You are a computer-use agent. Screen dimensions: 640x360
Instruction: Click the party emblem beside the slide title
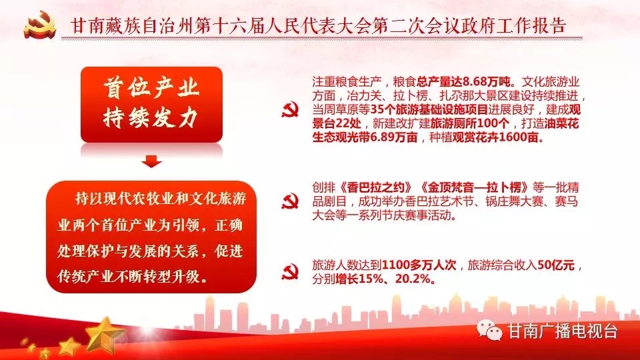(39, 25)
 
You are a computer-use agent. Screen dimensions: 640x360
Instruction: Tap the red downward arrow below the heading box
(151, 161)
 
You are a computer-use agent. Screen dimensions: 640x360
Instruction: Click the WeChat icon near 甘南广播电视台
(489, 330)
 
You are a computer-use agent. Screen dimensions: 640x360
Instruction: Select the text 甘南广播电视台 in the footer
(563, 331)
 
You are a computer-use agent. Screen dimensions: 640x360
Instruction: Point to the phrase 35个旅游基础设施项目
(429, 109)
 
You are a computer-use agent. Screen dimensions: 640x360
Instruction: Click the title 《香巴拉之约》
(377, 187)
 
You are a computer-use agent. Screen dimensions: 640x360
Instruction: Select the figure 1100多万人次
(419, 265)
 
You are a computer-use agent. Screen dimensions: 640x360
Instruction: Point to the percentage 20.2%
(413, 279)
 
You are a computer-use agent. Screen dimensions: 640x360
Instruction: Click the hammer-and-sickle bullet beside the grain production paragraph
(290, 109)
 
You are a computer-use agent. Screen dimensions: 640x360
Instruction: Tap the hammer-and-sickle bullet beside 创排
(290, 201)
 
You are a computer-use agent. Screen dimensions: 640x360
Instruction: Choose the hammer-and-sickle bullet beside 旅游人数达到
(290, 272)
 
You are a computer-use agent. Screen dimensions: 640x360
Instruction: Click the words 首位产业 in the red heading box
(151, 88)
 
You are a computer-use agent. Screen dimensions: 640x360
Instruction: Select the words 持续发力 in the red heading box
(151, 118)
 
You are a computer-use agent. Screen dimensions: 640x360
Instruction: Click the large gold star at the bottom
(104, 337)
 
